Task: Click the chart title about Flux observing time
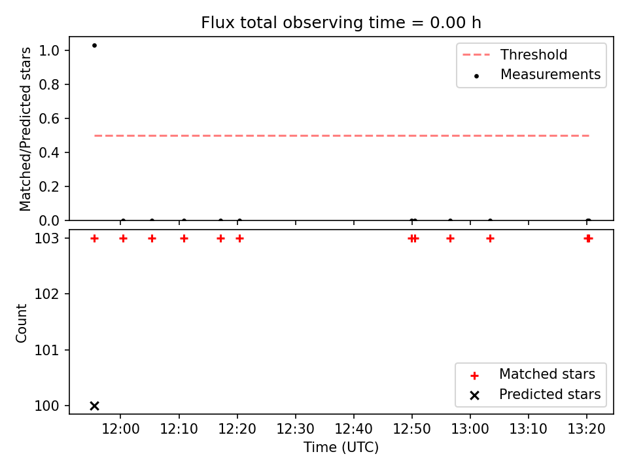[x=341, y=23]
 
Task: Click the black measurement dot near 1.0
[x=94, y=46]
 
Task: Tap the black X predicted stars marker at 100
[x=94, y=406]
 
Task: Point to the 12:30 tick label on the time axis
[x=296, y=429]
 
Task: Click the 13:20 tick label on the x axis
[x=587, y=429]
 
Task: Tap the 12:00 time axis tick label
[x=120, y=429]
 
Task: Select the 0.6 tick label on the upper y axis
[x=49, y=118]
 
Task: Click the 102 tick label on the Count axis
[x=46, y=294]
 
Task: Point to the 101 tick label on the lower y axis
[x=46, y=351]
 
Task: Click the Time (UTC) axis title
[x=341, y=447]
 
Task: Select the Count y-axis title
[x=21, y=323]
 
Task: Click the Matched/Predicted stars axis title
[x=25, y=129]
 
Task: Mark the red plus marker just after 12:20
[x=239, y=239]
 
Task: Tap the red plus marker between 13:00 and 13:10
[x=490, y=239]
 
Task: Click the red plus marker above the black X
[x=94, y=239]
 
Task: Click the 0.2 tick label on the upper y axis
[x=49, y=186]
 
